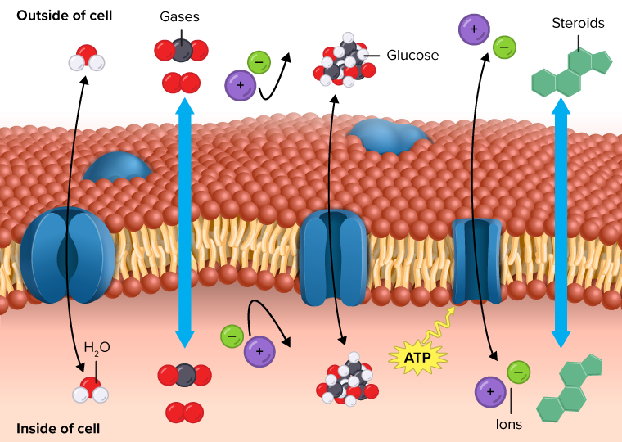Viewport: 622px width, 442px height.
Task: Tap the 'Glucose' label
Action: [x=412, y=56]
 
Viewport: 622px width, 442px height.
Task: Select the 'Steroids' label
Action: [x=578, y=23]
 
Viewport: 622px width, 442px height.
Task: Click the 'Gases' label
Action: [x=180, y=16]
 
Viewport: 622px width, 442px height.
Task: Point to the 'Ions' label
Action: [x=509, y=424]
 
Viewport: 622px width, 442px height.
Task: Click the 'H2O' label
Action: [x=97, y=347]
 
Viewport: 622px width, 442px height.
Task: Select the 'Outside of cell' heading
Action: [x=65, y=16]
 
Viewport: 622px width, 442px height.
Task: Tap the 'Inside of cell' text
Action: [x=59, y=427]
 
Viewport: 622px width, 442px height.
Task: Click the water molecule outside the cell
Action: [x=85, y=60]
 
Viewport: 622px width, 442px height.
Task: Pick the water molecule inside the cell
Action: [x=91, y=391]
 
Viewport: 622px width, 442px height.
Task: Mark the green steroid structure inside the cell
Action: [x=570, y=390]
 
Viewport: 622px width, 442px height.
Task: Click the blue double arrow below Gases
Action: [x=185, y=221]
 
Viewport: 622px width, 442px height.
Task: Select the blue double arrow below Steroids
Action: [x=561, y=221]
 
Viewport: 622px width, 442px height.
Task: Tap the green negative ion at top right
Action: [x=504, y=47]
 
